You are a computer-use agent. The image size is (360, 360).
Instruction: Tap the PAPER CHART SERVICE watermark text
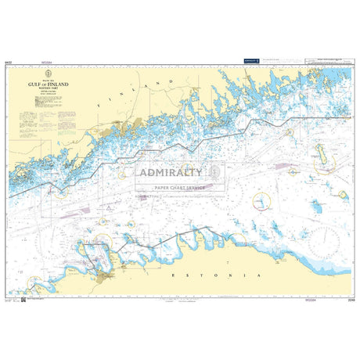pos(179,188)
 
